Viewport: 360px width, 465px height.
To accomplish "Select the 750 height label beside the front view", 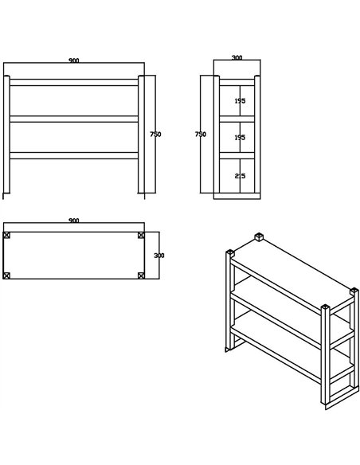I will click(x=155, y=135).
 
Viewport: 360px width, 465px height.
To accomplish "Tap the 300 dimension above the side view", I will click(x=237, y=58).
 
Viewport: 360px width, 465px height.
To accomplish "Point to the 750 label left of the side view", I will click(x=201, y=135).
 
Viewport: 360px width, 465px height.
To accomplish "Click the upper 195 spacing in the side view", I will click(x=239, y=101).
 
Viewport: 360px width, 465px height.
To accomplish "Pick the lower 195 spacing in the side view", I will click(x=239, y=138).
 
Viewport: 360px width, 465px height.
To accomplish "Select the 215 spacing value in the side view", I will click(x=239, y=176).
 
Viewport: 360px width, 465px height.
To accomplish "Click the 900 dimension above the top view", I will click(x=74, y=220).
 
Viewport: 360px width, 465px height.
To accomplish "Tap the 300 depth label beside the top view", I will click(x=158, y=256).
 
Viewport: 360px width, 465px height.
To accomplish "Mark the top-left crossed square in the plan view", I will click(x=7, y=236).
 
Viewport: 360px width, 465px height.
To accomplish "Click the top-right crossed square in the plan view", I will click(x=141, y=236).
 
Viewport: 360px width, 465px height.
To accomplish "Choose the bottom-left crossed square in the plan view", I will click(x=7, y=275).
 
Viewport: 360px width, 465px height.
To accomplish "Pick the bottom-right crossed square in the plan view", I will click(x=141, y=275).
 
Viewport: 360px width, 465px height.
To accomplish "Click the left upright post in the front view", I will click(x=7, y=135).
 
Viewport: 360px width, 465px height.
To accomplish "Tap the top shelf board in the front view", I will click(x=74, y=82).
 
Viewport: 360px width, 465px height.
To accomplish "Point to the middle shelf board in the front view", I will click(x=74, y=119).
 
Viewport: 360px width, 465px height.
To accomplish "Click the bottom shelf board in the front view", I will click(x=74, y=155).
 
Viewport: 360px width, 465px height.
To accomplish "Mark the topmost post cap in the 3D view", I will click(x=259, y=237).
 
